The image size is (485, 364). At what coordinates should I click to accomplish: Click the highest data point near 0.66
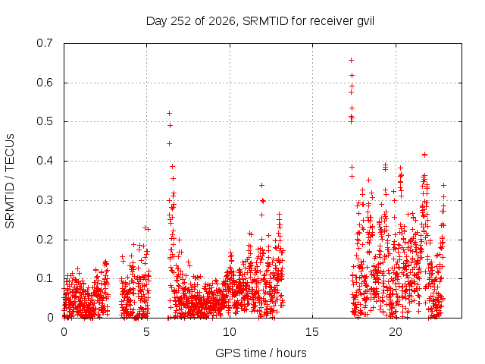tap(352, 61)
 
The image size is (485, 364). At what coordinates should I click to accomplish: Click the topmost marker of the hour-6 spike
tap(170, 114)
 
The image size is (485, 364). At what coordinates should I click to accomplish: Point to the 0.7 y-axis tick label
tap(45, 43)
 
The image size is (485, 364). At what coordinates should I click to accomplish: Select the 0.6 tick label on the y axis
tap(45, 83)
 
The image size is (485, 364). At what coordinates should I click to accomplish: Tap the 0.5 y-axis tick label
tap(45, 121)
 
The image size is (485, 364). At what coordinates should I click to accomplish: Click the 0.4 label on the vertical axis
tap(45, 161)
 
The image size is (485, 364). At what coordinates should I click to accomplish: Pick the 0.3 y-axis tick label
tap(45, 200)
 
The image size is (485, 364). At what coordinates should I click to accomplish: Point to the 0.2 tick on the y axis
tap(45, 240)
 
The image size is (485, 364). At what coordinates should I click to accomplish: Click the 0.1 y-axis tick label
tap(45, 278)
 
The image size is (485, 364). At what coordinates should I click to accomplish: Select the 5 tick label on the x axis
tap(146, 332)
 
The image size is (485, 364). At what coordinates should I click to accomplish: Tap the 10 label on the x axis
tap(230, 332)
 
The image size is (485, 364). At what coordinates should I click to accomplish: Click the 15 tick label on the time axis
tap(312, 332)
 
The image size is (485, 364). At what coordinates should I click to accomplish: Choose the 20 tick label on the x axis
tap(396, 332)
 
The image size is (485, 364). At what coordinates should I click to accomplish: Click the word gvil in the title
tap(365, 21)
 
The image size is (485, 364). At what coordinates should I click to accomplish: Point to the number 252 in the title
tap(181, 21)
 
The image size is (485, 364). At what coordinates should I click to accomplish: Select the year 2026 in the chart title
tap(222, 22)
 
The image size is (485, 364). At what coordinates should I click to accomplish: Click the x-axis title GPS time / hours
tap(261, 353)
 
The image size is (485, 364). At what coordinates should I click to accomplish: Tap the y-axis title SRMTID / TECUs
tap(10, 181)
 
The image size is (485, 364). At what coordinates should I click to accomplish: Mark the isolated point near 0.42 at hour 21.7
tap(424, 155)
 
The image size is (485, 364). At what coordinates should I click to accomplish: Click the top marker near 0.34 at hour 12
tap(261, 185)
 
